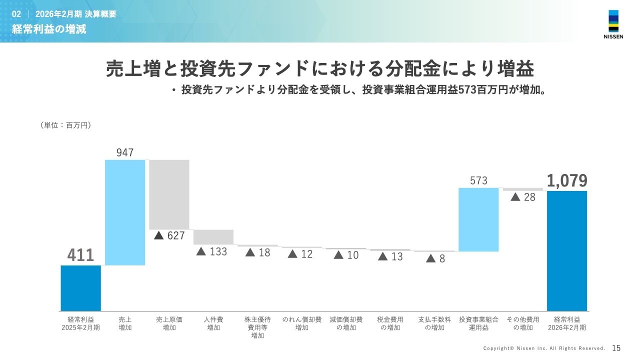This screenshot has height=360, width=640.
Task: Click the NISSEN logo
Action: (613, 24)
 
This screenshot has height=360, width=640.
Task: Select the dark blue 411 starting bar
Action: (81, 288)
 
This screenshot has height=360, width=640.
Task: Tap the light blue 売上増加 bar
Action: (125, 212)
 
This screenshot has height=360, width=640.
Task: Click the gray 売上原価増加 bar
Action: (169, 194)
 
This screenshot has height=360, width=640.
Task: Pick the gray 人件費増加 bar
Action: (213, 237)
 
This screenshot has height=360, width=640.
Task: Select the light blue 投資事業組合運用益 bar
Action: (478, 219)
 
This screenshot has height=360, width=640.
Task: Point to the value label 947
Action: (125, 152)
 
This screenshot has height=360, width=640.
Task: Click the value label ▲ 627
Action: (169, 235)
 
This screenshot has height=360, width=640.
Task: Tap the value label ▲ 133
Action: (212, 251)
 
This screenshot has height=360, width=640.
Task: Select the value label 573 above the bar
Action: (478, 180)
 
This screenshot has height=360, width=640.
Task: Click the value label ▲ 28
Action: (523, 197)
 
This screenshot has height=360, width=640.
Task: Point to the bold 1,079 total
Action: (567, 181)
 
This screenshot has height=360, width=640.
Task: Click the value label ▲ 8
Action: (435, 258)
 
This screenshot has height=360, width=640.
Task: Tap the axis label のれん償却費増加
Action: (302, 323)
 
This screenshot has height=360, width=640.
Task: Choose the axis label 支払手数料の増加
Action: (434, 323)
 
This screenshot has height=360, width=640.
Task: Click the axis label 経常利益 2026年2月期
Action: (567, 323)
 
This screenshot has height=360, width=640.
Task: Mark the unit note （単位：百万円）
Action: (65, 125)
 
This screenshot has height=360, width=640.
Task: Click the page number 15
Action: (616, 348)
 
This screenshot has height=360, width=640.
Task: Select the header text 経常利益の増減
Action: (49, 29)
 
